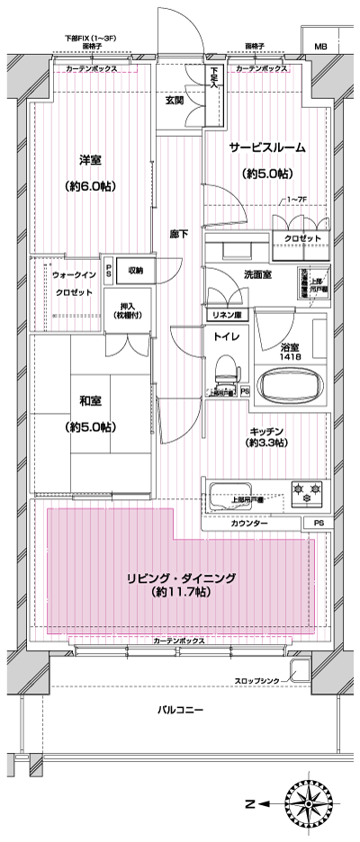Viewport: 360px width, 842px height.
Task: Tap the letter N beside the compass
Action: pos(252,802)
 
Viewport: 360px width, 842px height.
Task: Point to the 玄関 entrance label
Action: pos(175,100)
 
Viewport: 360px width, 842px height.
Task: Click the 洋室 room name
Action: pos(88,160)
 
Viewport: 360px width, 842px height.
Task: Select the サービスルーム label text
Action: pos(266,147)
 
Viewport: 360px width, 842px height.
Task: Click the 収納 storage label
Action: pos(136,269)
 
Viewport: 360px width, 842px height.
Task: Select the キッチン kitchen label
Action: pos(267,431)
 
